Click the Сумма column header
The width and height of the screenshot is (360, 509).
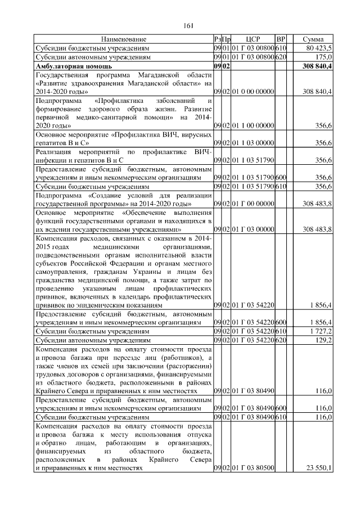312,39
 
